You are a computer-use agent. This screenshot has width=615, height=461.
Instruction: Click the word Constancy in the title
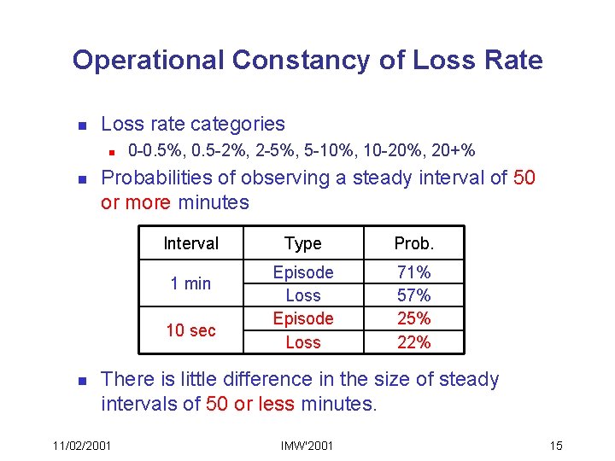318,61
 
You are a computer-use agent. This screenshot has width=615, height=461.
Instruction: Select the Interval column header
190,244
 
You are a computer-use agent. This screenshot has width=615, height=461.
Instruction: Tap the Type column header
303,244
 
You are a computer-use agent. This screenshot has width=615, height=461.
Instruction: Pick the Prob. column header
414,244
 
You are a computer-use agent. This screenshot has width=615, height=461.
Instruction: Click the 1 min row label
190,283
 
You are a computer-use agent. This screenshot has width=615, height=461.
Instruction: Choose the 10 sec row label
190,330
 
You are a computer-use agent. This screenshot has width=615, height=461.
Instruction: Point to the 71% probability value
414,272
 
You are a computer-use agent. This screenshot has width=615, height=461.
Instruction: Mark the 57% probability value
414,295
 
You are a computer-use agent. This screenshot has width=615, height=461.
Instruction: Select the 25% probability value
414,318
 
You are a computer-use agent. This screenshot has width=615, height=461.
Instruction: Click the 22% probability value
414,342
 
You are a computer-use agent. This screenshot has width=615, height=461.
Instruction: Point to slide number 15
556,446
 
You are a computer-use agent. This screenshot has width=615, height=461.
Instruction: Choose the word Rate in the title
513,61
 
